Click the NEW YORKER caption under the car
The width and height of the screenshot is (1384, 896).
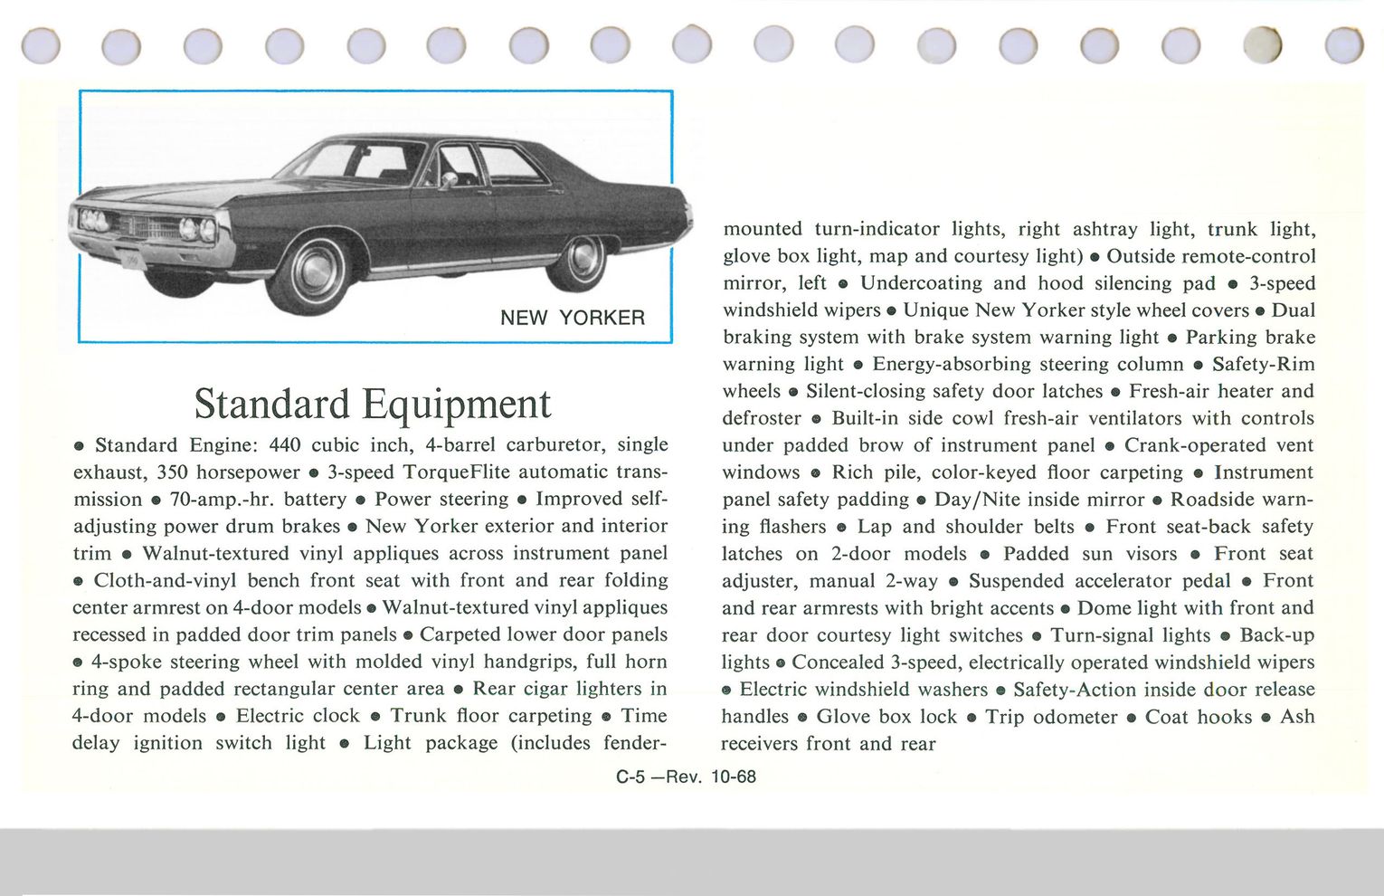[573, 318]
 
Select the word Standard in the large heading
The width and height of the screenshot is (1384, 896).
[271, 404]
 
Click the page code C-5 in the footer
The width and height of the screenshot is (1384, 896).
[630, 777]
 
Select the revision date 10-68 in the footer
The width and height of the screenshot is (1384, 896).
[734, 777]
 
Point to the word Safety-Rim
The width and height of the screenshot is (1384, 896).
[1263, 364]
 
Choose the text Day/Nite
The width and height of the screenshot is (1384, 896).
[976, 500]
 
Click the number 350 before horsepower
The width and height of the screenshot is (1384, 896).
[173, 472]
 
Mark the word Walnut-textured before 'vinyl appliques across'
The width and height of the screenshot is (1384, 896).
[214, 553]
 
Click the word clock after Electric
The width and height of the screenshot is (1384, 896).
[337, 716]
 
